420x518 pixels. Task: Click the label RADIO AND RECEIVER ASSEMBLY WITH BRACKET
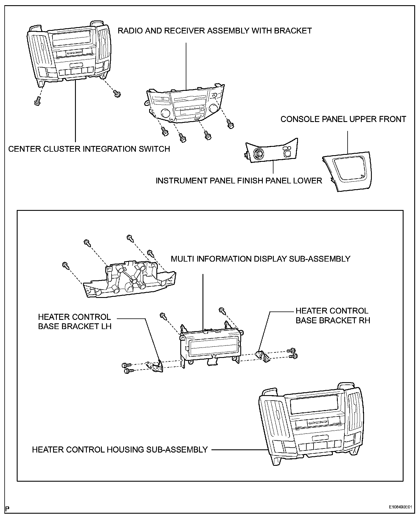tap(215, 31)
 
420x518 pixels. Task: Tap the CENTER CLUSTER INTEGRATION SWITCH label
tap(89, 149)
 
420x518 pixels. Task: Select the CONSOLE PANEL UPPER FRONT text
tap(343, 119)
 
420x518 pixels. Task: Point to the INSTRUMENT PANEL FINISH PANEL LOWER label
tap(239, 181)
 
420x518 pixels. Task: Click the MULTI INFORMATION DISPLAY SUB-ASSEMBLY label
tap(260, 259)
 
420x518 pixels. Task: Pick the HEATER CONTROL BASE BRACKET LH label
tap(75, 322)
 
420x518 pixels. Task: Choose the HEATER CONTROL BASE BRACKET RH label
tap(333, 316)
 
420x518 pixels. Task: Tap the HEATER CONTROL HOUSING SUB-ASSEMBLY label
tap(120, 449)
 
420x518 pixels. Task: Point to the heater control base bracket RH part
tap(263, 355)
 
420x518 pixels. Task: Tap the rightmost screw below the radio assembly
tap(230, 125)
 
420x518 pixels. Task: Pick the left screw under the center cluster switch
tap(37, 102)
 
